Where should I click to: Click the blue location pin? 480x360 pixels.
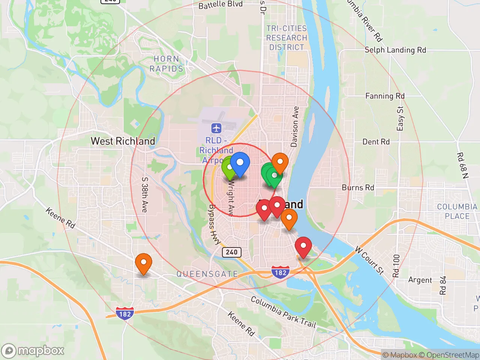point(240,163)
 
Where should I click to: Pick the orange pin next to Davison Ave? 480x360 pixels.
point(280,162)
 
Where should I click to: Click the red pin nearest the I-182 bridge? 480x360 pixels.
point(303,247)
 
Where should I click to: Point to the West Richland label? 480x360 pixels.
point(123,141)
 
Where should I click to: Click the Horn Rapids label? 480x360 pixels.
point(166,64)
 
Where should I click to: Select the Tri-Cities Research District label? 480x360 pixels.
point(286,38)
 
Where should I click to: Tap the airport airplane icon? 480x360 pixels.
point(216,128)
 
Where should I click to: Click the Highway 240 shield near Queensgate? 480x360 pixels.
point(231,252)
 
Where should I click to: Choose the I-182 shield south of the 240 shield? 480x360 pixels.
point(280,273)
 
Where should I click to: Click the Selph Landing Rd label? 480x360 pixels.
point(395,50)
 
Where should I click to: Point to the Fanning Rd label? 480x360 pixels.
point(385,96)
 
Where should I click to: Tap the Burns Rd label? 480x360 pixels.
point(358,187)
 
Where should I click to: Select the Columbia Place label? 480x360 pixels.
point(457,211)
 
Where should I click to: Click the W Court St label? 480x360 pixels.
point(370,260)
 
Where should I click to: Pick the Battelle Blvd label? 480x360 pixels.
point(220,5)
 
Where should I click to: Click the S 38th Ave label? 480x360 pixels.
point(145,195)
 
